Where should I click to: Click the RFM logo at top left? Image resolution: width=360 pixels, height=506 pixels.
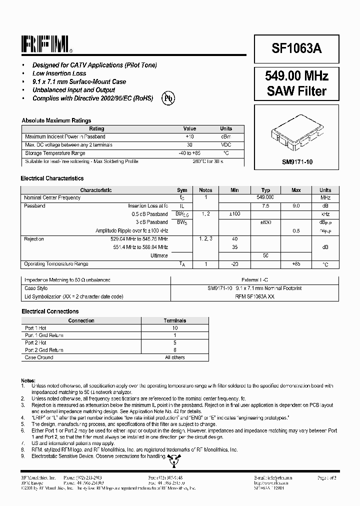pyautogui.click(x=46, y=45)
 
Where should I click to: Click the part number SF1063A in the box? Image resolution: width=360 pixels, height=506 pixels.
pyautogui.click(x=296, y=49)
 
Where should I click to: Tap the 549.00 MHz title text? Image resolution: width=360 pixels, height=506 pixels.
pyautogui.click(x=296, y=76)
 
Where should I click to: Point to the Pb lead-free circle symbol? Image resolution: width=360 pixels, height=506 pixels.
pyautogui.click(x=168, y=98)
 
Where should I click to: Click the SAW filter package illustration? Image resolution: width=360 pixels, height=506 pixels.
pyautogui.click(x=296, y=135)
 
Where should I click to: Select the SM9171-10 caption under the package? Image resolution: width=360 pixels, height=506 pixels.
pyautogui.click(x=296, y=162)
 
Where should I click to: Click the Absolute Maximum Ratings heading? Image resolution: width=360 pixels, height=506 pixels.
pyautogui.click(x=56, y=120)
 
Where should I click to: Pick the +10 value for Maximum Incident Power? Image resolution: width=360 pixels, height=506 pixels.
pyautogui.click(x=189, y=136)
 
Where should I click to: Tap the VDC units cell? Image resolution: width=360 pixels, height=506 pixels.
pyautogui.click(x=226, y=145)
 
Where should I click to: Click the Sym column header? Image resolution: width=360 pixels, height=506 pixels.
pyautogui.click(x=182, y=190)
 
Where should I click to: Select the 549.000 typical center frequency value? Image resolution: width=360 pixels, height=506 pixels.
pyautogui.click(x=265, y=197)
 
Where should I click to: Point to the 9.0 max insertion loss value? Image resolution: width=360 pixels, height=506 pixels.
pyautogui.click(x=296, y=205)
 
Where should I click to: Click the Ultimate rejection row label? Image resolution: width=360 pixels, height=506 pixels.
pyautogui.click(x=159, y=255)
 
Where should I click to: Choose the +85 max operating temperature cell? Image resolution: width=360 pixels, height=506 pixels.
pyautogui.click(x=296, y=264)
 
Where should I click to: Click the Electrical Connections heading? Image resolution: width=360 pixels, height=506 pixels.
pyautogui.click(x=49, y=311)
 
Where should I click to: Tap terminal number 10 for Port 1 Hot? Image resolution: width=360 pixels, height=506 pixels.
pyautogui.click(x=174, y=328)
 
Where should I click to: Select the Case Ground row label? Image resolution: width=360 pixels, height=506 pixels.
pyautogui.click(x=39, y=357)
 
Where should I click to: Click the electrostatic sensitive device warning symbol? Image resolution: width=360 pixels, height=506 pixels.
pyautogui.click(x=172, y=458)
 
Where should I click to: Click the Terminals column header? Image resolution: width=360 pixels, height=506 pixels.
pyautogui.click(x=174, y=320)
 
